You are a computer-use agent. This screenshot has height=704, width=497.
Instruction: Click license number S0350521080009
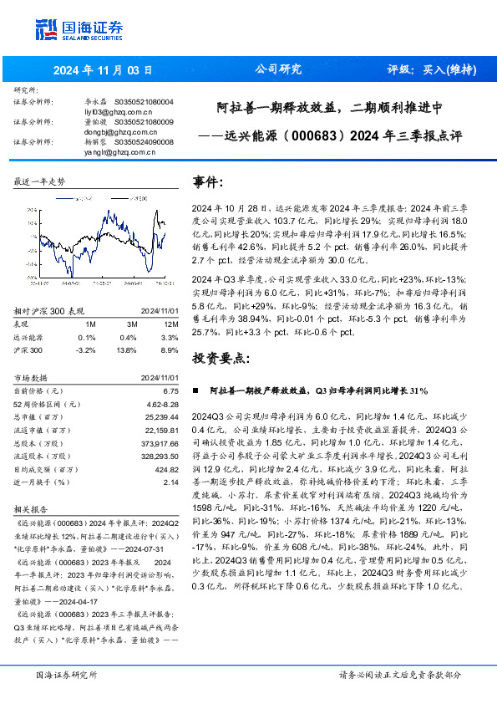coord(144,121)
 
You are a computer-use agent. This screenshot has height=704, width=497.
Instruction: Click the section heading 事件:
coord(208,181)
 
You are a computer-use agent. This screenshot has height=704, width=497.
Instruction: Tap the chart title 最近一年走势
coord(40,181)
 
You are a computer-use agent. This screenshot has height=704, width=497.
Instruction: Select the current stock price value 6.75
coord(170,390)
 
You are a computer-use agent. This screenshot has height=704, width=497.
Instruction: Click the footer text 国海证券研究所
coord(66,674)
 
